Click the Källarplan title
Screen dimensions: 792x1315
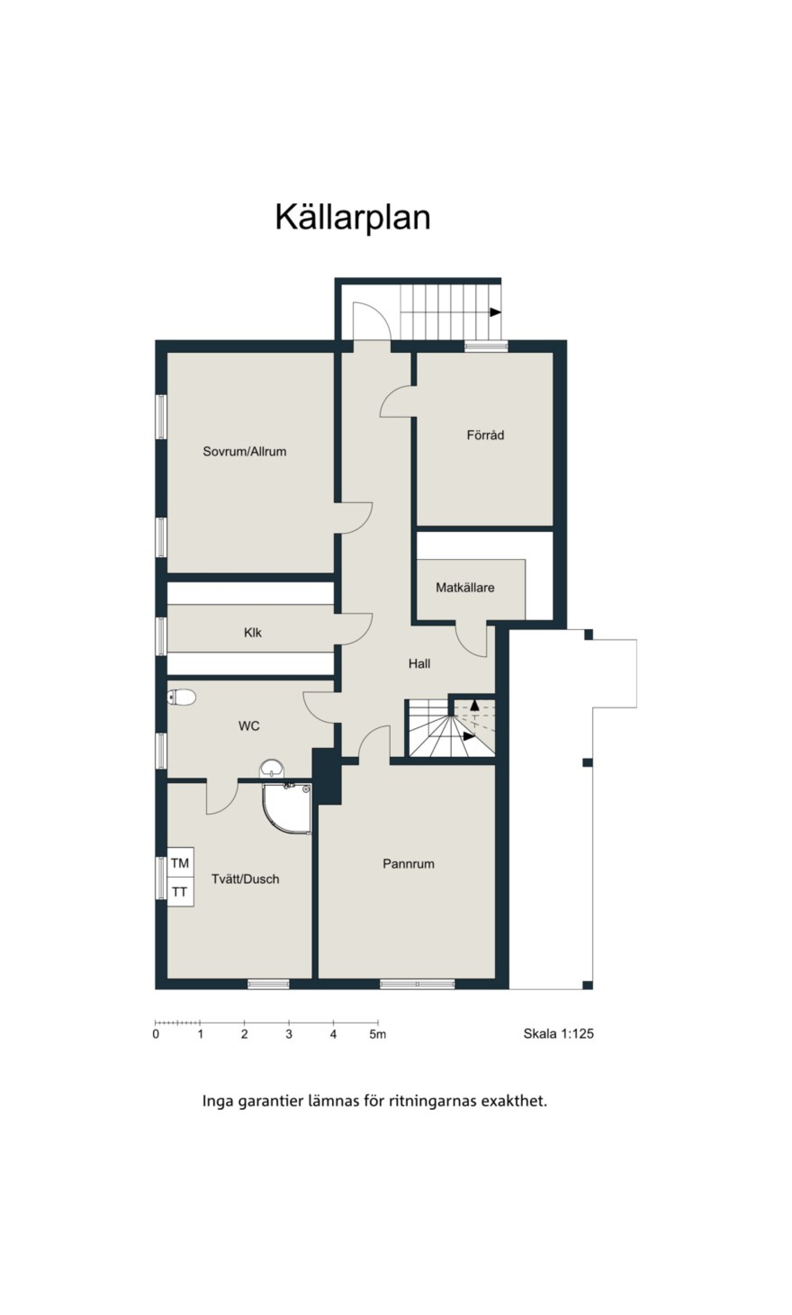click(x=352, y=218)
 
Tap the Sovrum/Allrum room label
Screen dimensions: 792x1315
click(x=245, y=451)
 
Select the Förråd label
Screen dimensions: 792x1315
click(x=485, y=435)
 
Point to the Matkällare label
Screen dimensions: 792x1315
click(x=465, y=588)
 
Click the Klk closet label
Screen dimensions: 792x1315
click(x=252, y=633)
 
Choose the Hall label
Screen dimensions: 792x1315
click(x=419, y=663)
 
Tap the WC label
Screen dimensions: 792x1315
click(x=248, y=726)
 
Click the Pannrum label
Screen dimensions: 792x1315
click(x=408, y=864)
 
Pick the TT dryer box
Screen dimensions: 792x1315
click(x=180, y=891)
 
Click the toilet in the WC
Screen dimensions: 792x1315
click(x=182, y=697)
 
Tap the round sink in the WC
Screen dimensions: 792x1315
click(x=272, y=769)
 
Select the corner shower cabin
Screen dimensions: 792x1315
click(x=287, y=808)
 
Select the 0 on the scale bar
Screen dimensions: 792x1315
click(x=156, y=1034)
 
